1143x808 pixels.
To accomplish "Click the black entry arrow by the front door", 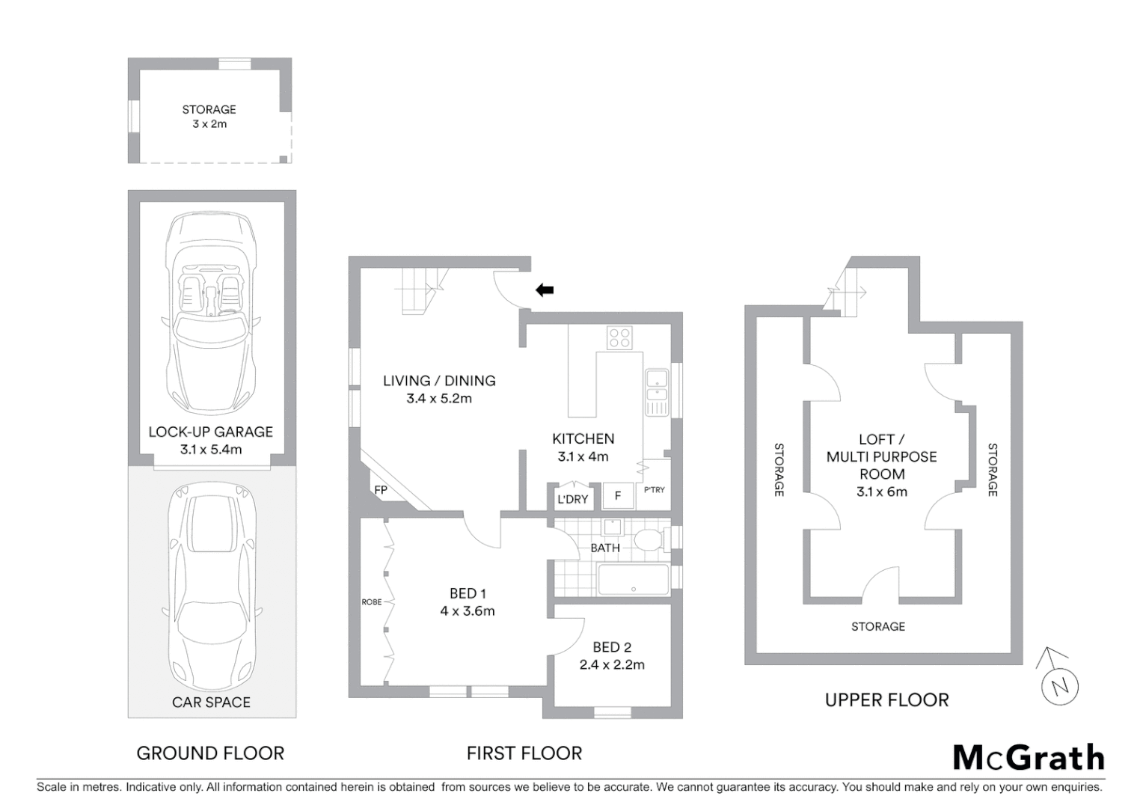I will coord(545,290).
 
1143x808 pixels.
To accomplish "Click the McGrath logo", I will coord(1029,757).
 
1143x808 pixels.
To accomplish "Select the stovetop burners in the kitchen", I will coord(619,337).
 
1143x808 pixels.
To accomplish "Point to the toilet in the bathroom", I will coord(648,539).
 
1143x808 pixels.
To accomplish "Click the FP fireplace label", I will coord(381,490).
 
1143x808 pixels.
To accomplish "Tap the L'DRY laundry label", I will coord(572,499).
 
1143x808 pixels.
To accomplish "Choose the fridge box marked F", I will coord(618,496).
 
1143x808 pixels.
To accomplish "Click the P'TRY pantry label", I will coord(654,490).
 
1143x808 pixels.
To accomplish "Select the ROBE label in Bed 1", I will coord(372,602).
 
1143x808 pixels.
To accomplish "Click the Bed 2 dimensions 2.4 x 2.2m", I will coord(612,664).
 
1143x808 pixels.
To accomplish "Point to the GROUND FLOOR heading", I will coord(210,753).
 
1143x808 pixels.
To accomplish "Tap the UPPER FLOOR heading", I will coord(886,700).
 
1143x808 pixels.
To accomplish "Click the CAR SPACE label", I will coord(211,702).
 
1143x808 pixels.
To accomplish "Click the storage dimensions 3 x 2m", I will coord(209,124).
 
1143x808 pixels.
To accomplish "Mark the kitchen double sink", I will coord(656,388).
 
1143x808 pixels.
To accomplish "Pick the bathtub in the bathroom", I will coord(633,580).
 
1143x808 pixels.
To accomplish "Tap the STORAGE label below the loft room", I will coord(878,626).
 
